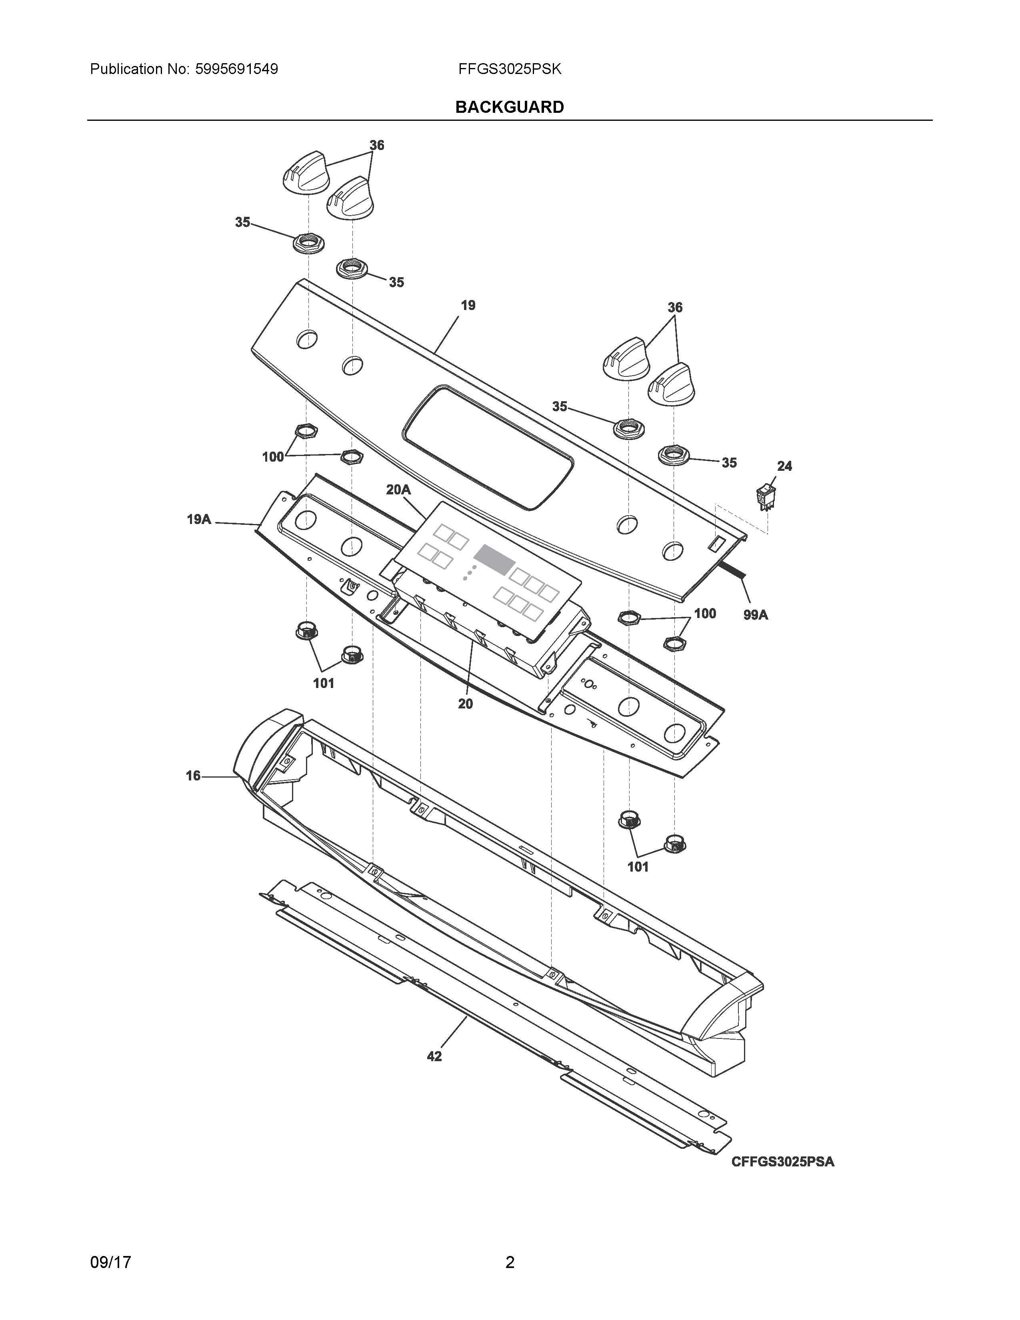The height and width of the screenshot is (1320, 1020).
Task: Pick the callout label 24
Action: [x=784, y=466]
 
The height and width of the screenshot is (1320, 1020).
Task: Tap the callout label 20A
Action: [x=398, y=490]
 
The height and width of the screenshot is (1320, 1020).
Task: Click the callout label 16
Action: [x=193, y=776]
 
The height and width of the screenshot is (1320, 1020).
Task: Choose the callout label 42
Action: [x=434, y=1056]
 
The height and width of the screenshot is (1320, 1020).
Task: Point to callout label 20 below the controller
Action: [x=465, y=704]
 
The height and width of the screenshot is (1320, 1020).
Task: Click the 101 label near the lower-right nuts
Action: [x=638, y=867]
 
